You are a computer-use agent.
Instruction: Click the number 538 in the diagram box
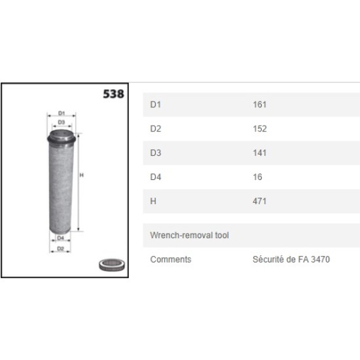coord(113,94)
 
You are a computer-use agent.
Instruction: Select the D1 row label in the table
coord(155,105)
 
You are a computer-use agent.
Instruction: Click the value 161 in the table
coord(260,105)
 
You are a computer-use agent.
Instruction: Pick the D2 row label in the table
coord(155,129)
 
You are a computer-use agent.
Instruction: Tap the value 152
coord(260,129)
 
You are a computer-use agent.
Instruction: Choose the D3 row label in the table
coord(155,153)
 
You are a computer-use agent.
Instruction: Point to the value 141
coord(260,153)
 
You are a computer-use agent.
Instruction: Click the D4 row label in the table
coord(155,177)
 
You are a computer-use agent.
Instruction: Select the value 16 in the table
coord(257,177)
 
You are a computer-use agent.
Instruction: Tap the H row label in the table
coord(153,201)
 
